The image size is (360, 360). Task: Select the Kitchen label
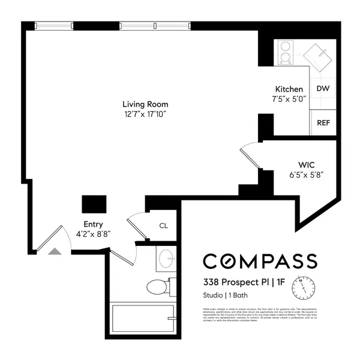pyautogui.click(x=289, y=89)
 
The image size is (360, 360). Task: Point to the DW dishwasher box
pyautogui.click(x=323, y=89)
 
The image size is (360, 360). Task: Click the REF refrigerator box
pyautogui.click(x=323, y=122)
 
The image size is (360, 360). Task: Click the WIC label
pyautogui.click(x=307, y=165)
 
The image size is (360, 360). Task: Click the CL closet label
pyautogui.click(x=163, y=226)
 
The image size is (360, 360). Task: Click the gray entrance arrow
pyautogui.click(x=55, y=252)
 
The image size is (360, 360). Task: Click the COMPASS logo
pyautogui.click(x=259, y=261)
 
